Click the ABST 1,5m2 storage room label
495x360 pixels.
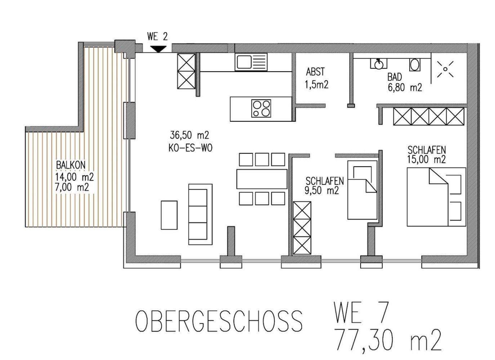coord(316,78)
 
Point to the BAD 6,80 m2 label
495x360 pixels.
coord(404,82)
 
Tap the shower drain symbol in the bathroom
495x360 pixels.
coord(445,69)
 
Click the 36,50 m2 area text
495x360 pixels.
coord(189,135)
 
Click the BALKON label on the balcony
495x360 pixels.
coord(71,165)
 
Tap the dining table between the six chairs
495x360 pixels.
coord(262,179)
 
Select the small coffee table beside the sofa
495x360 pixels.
coord(169,215)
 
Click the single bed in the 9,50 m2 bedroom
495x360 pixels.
coord(362,190)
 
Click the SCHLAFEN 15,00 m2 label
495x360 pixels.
coord(427,154)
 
